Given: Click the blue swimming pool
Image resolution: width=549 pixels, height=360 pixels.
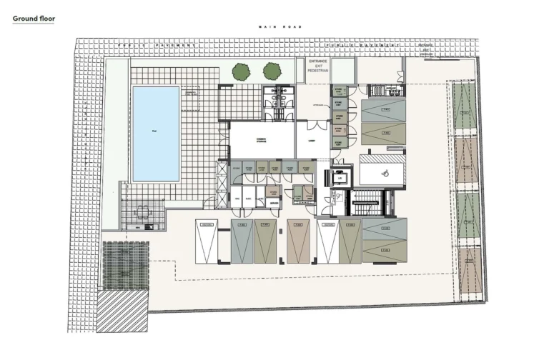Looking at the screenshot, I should tap(156, 134).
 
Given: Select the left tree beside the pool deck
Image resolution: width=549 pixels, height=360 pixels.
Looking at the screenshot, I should tap(241, 71).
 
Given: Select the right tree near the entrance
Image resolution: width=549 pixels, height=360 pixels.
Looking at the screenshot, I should tap(272, 71).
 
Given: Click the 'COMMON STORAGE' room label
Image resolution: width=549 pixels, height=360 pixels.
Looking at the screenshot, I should tap(261, 134).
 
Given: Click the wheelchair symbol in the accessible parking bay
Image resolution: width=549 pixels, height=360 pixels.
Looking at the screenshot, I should tap(382, 171).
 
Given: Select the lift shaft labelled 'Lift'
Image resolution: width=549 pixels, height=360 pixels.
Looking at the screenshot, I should tap(340, 178).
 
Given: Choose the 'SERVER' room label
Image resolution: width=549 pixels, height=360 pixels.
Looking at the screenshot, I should tap(274, 203).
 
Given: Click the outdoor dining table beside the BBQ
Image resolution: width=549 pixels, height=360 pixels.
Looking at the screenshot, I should tap(143, 212).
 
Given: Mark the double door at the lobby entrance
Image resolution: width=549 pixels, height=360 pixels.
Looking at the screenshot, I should tap(312, 125).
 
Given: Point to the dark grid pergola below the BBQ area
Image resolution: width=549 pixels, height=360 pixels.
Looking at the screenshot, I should tap(125, 264).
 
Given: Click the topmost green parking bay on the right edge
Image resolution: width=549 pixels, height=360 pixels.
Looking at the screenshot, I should tap(465, 107).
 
